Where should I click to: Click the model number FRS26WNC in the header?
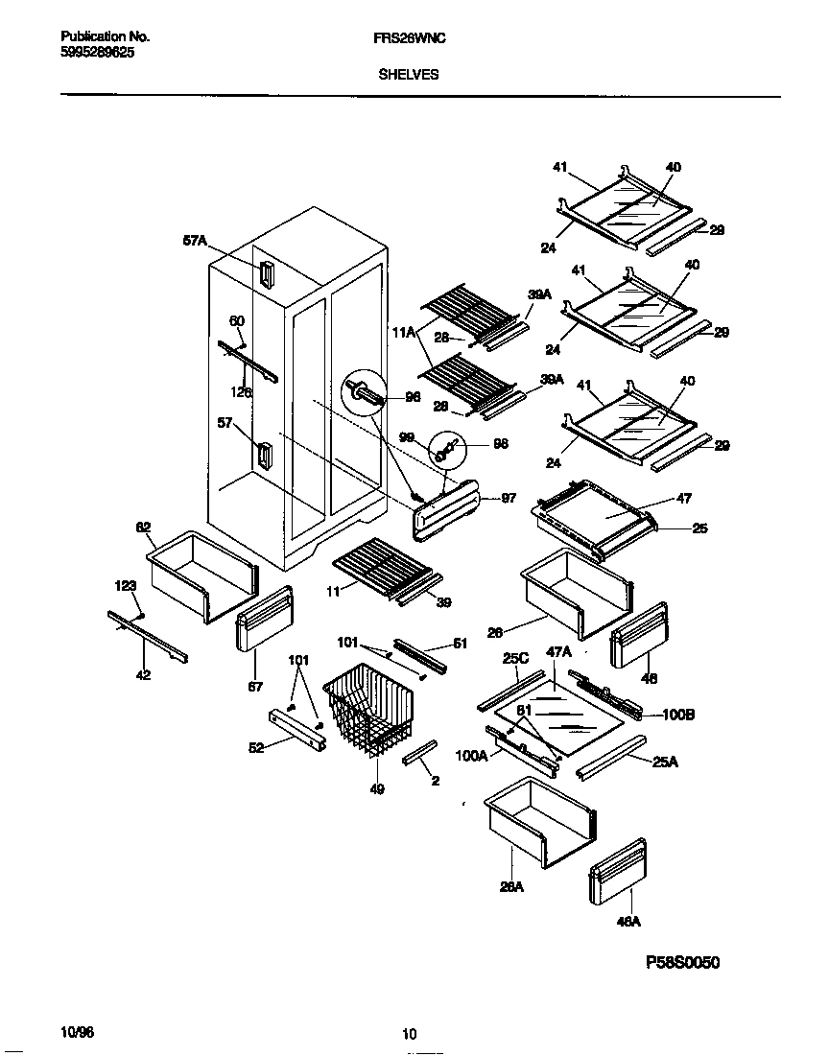pos(409,37)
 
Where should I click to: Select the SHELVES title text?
pos(409,74)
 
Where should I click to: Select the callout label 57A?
pos(195,242)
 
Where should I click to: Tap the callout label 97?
pos(509,498)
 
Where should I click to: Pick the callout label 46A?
pos(628,922)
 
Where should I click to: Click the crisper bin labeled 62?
pos(202,576)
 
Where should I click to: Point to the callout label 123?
pos(125,584)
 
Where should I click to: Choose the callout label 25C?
pos(516,661)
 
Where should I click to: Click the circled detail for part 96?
pos(364,392)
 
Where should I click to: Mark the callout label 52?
pos(256,749)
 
